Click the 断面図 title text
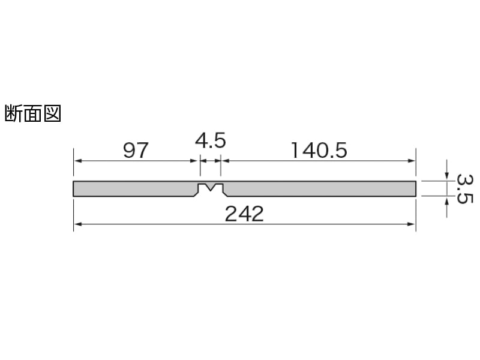tap(33, 113)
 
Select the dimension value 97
tap(136, 150)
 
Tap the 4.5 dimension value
tap(211, 140)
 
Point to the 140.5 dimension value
tap(319, 150)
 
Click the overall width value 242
tap(244, 214)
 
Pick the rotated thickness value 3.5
tap(464, 189)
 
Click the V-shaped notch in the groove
tap(211, 187)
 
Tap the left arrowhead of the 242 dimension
tap(77, 224)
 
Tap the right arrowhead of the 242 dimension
tap(412, 224)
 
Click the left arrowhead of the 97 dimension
tap(77, 161)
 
